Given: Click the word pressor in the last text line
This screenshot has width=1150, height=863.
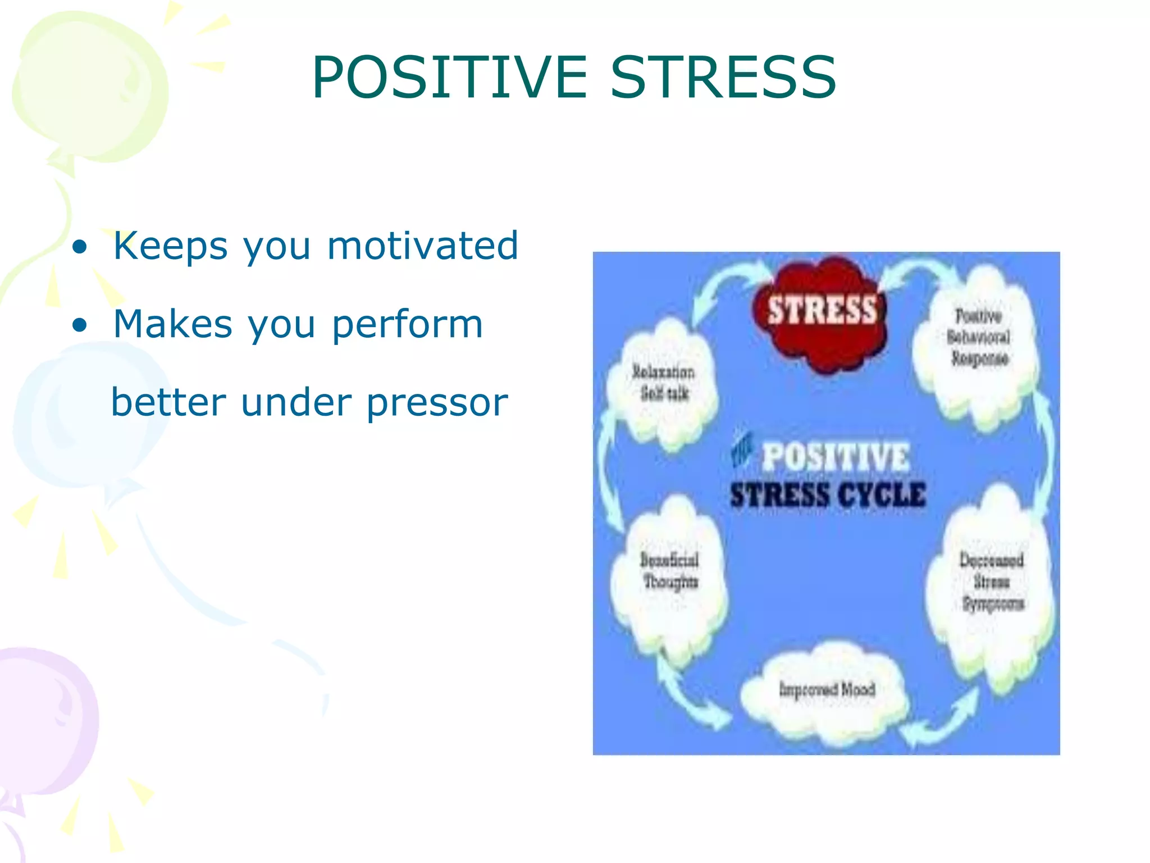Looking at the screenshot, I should point(437,403).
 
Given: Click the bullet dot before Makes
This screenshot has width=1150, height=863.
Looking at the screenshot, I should point(80,325).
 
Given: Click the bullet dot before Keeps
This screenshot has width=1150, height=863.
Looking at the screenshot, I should point(80,247).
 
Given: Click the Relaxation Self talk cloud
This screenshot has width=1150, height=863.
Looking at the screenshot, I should point(663,385).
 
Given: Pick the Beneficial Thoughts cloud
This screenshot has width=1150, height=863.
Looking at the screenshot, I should point(669,573).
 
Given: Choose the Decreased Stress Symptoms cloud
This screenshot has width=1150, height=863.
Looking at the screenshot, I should point(992,584).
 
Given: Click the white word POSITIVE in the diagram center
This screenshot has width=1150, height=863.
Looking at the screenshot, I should point(835,456).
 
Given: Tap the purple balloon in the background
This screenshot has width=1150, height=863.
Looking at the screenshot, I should point(45,725).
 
